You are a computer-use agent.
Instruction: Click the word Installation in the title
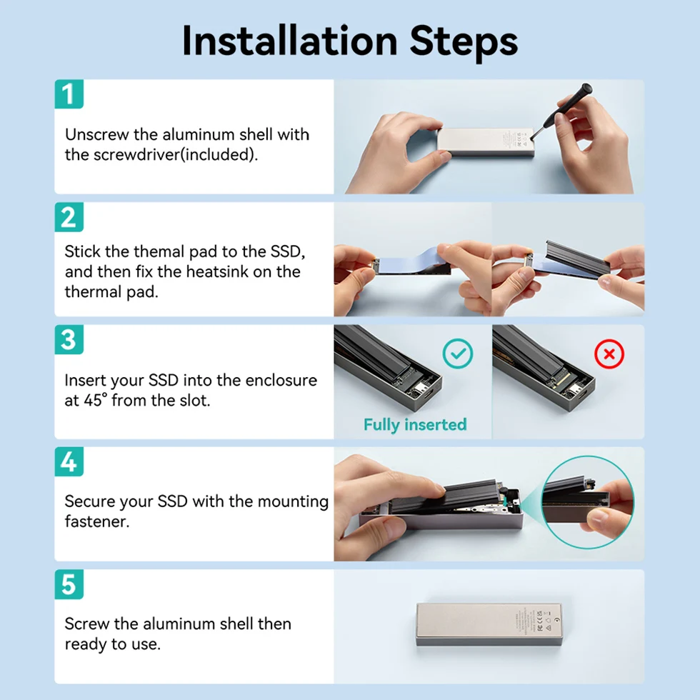coord(290,41)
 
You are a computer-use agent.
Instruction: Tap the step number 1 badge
coord(69,94)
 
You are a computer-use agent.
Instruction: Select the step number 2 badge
coord(69,217)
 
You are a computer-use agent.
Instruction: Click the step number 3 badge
coord(69,339)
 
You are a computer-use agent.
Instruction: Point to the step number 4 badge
coord(69,461)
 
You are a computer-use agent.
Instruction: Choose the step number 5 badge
coord(69,584)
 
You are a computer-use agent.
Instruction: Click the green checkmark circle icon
coord(458,354)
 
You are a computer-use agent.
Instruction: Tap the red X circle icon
coord(609,354)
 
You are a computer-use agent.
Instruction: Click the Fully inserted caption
coord(415,424)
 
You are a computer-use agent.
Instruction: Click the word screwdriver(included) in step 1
coord(176,154)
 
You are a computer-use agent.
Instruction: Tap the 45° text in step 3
coord(96,400)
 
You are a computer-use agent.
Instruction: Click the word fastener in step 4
coord(97,521)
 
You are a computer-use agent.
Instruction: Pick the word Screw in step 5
coord(86,624)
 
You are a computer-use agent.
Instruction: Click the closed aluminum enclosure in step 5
coord(489,624)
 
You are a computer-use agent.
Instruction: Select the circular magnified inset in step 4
coord(587,502)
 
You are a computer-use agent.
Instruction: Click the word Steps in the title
coord(464,42)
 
